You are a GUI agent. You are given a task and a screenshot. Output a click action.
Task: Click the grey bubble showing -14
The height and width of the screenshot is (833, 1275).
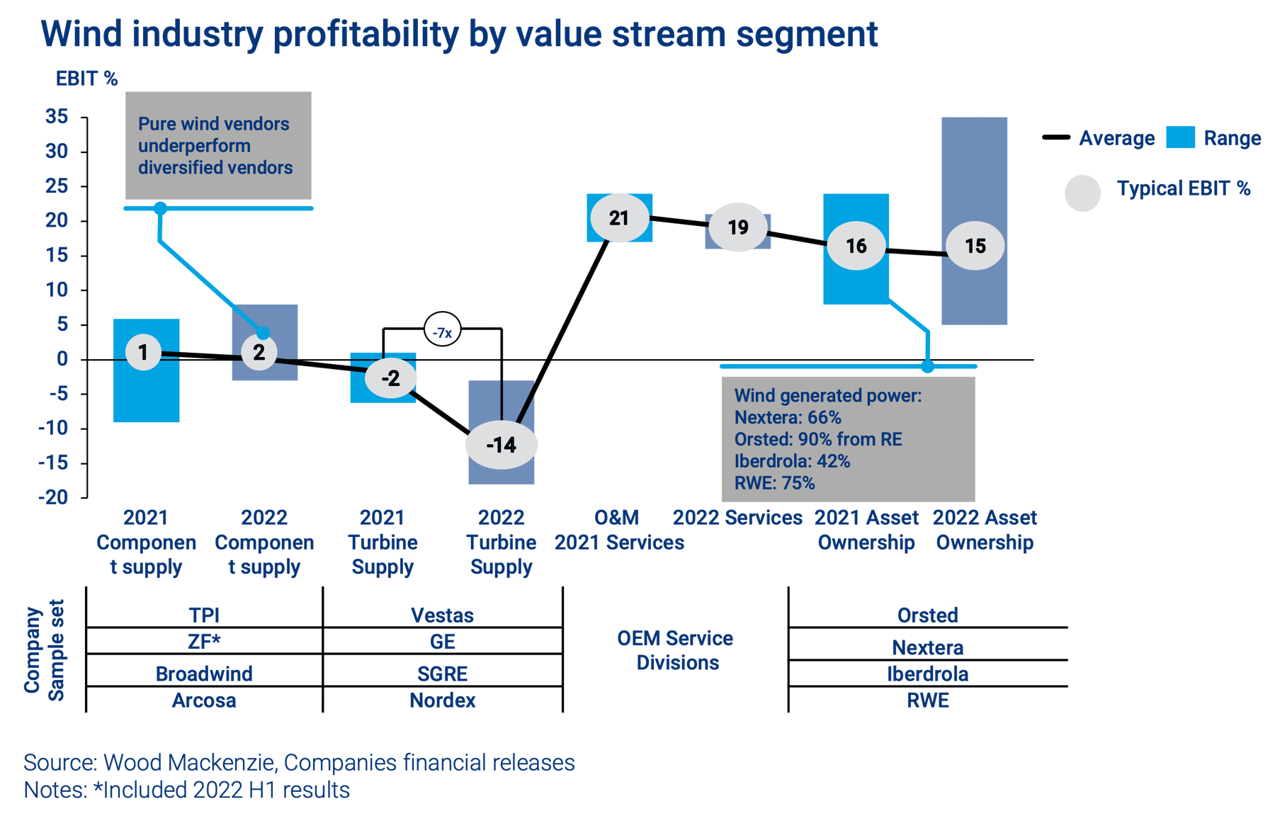pos(501,445)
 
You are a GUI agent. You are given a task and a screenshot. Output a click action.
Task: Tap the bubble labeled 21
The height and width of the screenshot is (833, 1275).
pos(619,218)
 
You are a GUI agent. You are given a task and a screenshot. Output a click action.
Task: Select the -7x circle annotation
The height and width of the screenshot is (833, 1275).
pos(443,330)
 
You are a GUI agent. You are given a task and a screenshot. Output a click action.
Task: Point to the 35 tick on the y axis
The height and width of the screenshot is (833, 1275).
pos(57,117)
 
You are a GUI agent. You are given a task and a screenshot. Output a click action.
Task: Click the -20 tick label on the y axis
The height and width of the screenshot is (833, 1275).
pos(53,497)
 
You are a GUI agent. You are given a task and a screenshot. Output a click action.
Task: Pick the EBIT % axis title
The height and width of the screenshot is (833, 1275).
pos(86,79)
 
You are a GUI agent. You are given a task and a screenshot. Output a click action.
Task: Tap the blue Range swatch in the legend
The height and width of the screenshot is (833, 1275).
pos(1181,137)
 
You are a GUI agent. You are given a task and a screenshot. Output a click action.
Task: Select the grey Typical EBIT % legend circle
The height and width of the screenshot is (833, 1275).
pos(1082,193)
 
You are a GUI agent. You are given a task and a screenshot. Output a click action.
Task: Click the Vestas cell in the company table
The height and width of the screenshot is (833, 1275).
pos(443,615)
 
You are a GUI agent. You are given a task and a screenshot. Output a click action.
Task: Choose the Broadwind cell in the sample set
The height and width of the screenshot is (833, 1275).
pos(204,674)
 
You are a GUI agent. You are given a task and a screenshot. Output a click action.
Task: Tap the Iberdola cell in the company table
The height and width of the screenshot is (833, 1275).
pos(928,674)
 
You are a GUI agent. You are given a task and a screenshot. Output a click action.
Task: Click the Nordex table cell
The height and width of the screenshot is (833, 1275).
pos(443,701)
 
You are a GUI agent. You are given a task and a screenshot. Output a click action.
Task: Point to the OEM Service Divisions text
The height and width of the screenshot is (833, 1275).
pos(676,650)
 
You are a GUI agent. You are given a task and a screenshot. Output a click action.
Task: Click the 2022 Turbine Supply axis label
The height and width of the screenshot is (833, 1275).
pos(501,542)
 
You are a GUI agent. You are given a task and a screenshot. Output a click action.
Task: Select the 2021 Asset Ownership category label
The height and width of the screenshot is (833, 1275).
pos(866,530)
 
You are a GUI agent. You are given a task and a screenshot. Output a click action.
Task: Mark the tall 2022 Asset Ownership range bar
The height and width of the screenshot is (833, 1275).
pos(975,221)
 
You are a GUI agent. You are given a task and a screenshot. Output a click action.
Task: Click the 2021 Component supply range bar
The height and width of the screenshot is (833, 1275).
pos(147,370)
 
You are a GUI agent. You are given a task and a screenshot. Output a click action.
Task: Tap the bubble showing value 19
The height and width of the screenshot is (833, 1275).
pos(738,227)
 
